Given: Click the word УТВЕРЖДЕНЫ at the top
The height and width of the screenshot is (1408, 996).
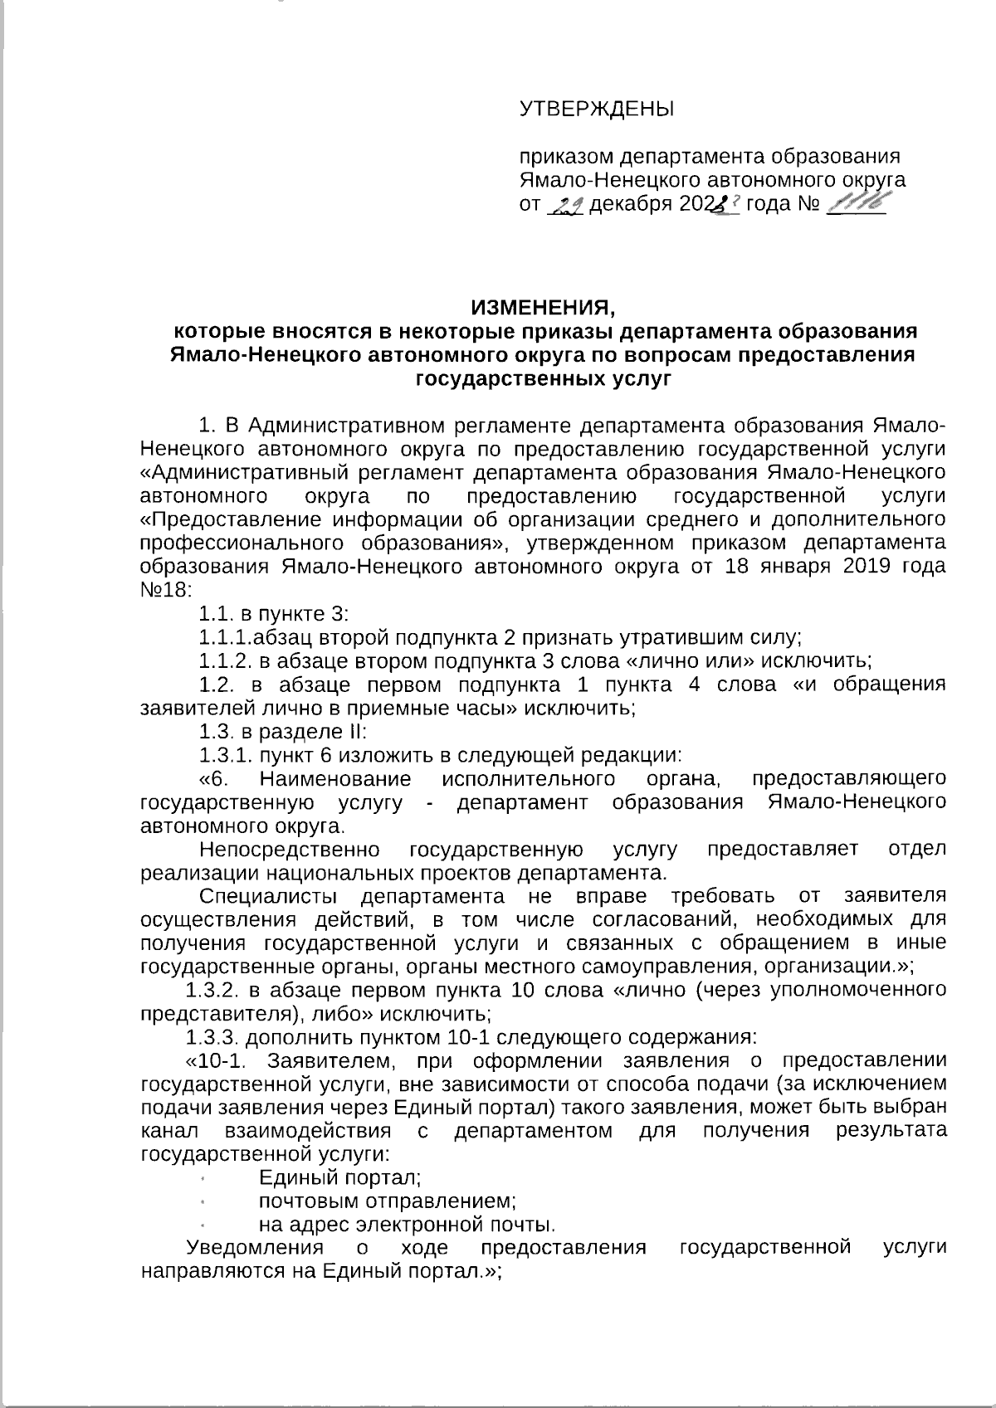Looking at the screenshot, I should [x=596, y=109].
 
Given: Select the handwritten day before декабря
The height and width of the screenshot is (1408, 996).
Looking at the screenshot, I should [x=568, y=205].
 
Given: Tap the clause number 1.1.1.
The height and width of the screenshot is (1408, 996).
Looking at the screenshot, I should [x=226, y=638].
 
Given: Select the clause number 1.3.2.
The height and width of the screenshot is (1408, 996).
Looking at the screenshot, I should [x=214, y=991].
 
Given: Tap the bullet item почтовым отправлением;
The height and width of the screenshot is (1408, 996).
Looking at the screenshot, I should [x=388, y=1201].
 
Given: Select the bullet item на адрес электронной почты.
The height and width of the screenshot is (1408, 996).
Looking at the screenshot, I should [x=407, y=1225].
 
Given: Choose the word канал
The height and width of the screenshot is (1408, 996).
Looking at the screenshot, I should [x=170, y=1131].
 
